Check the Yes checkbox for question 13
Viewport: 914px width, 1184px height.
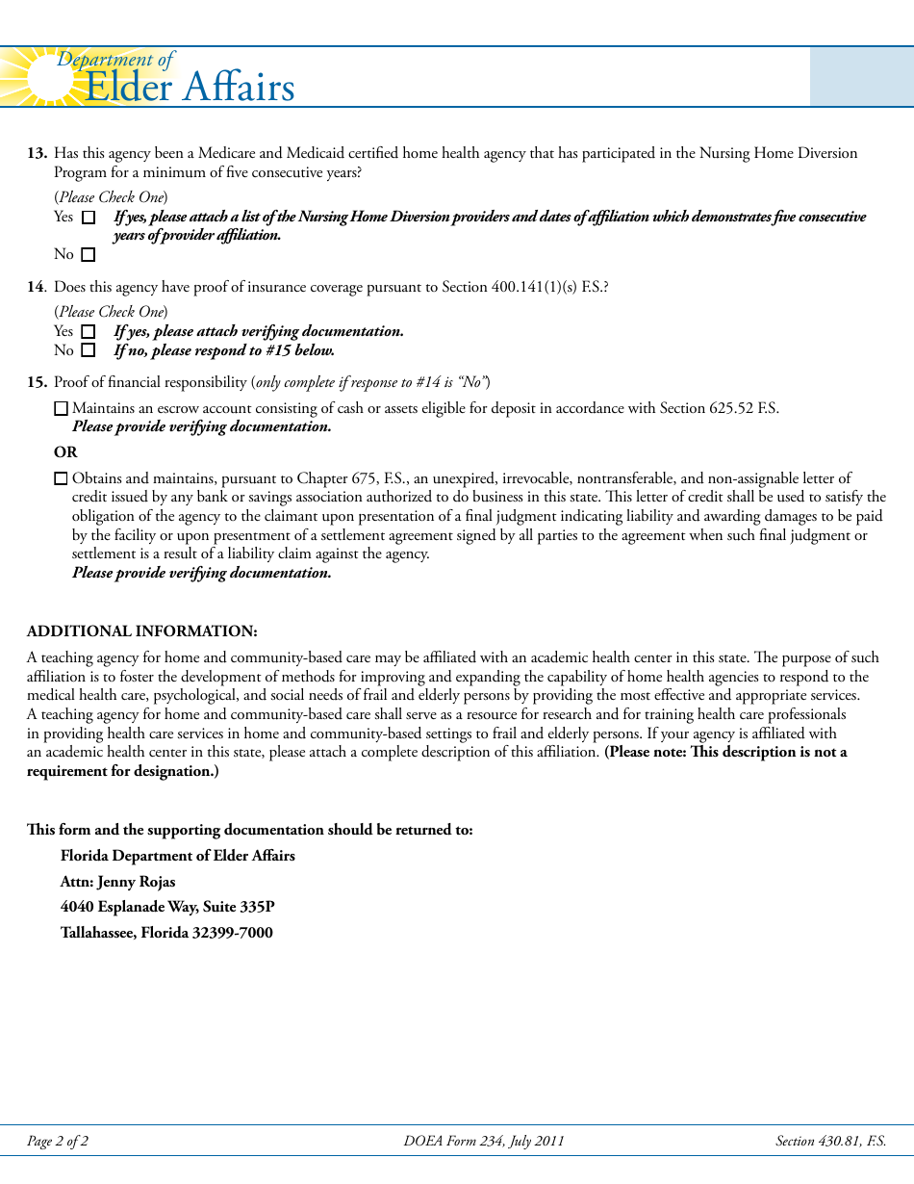(x=89, y=218)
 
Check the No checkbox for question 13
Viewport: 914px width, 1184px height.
(x=89, y=255)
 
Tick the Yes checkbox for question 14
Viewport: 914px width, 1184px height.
(x=89, y=332)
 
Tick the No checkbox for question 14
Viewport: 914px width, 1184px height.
(x=89, y=351)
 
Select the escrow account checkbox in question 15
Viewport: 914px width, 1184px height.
(x=62, y=409)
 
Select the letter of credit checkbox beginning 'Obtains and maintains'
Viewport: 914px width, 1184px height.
(x=62, y=478)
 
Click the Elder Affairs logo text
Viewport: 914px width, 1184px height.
(x=190, y=88)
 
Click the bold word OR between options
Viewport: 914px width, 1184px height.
(x=65, y=452)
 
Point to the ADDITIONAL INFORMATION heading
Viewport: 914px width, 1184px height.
(x=142, y=631)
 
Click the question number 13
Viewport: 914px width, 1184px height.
(x=37, y=153)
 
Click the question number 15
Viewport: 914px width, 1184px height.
(x=37, y=382)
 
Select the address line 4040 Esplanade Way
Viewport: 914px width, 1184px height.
(x=167, y=907)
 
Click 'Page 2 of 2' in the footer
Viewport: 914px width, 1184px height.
(x=58, y=1142)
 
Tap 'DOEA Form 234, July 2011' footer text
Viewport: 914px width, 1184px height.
(x=484, y=1142)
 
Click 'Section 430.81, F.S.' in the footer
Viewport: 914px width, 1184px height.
(x=830, y=1142)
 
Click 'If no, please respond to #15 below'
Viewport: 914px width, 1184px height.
(x=224, y=350)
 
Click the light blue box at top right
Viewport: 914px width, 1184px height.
(x=861, y=76)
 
